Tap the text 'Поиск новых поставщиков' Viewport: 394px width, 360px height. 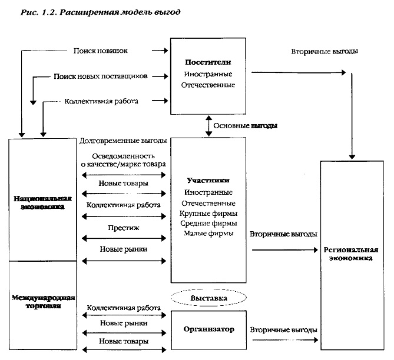[x=100, y=76]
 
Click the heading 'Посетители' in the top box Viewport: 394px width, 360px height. [x=208, y=62]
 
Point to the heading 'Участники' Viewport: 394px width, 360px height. [x=208, y=181]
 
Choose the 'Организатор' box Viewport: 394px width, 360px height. [x=208, y=330]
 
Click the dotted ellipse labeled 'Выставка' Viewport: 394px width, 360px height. [x=208, y=299]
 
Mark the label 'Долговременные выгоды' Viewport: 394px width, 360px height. [x=124, y=141]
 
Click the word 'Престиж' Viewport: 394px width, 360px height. [x=124, y=226]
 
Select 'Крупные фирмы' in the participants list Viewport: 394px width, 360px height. [x=208, y=213]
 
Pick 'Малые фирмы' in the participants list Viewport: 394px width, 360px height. [x=208, y=234]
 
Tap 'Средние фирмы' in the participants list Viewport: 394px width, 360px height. [x=208, y=224]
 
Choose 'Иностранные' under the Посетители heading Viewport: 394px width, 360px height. [x=208, y=74]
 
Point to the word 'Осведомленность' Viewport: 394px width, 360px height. [x=124, y=156]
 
